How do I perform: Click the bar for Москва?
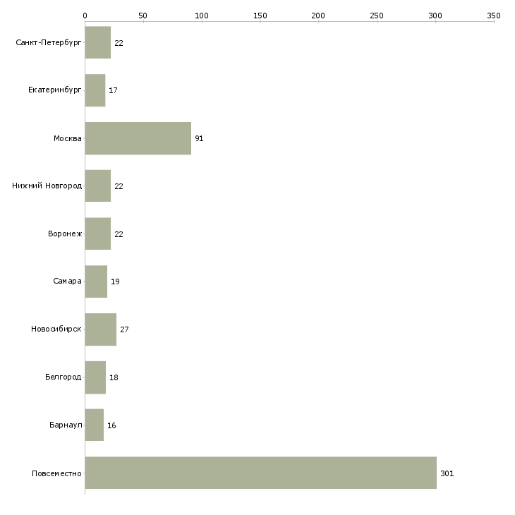pos(138,138)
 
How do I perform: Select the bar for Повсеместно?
pos(261,473)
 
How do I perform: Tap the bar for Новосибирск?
pos(100,329)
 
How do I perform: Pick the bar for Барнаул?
pos(95,425)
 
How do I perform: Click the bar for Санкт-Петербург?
pos(98,42)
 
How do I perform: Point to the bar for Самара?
pos(96,281)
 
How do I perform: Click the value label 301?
pos(447,473)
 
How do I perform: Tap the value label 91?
pos(199,138)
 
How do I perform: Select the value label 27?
pos(124,329)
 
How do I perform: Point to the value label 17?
pos(113,90)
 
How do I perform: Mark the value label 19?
pos(115,281)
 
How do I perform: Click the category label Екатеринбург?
pos(54,90)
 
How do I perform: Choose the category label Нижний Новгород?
pos(47,186)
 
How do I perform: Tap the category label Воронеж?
pos(65,234)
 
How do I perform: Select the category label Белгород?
pos(63,377)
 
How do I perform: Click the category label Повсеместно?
pos(56,473)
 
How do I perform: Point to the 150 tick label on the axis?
pos(260,16)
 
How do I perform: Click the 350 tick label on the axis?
pos(494,16)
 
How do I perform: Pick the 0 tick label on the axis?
pos(85,16)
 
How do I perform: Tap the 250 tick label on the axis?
pos(377,16)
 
